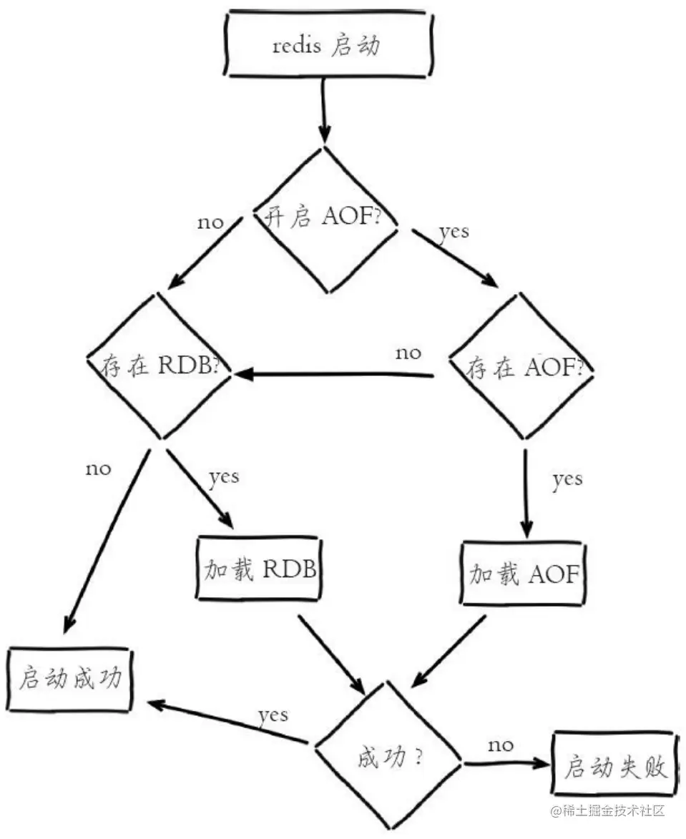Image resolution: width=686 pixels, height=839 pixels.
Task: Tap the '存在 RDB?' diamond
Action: pos(159,366)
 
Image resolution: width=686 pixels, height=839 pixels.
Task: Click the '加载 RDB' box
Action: pos(257,569)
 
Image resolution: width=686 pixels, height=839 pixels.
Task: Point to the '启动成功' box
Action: pos(70,679)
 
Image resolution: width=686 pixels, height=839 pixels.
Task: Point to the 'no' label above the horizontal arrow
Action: pos(408,353)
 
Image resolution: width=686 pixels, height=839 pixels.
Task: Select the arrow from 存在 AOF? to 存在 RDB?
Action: pos(336,373)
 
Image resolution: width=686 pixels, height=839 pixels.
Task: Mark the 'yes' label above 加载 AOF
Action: pos(567,479)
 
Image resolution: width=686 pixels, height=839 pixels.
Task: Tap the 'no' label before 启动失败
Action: pos(501,745)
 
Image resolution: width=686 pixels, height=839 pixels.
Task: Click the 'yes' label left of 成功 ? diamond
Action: pos(273,714)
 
